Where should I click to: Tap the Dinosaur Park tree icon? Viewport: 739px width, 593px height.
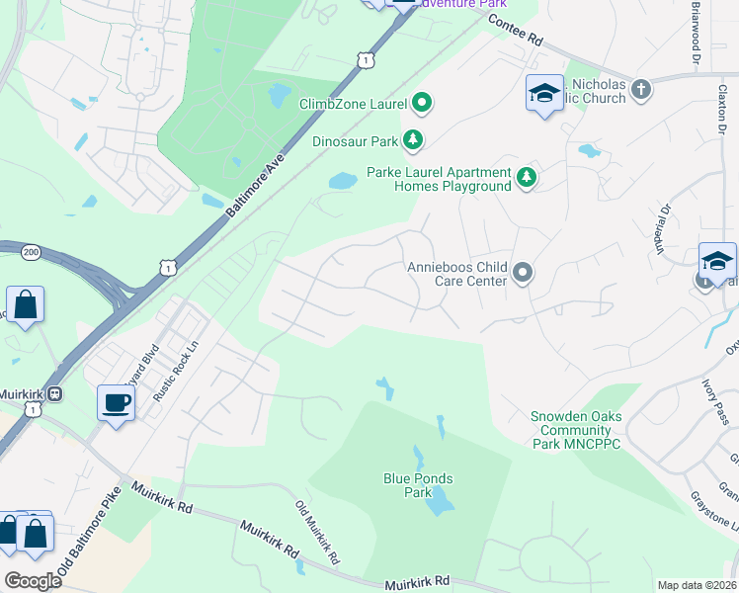[416, 140]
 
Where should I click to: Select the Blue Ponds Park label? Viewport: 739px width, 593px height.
[418, 485]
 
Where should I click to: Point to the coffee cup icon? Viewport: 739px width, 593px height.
[116, 402]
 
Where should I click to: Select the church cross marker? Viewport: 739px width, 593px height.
[641, 91]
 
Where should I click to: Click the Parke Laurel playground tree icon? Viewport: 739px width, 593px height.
[528, 178]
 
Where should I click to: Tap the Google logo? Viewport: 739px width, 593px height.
[33, 580]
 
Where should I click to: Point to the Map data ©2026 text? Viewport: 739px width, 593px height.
[696, 585]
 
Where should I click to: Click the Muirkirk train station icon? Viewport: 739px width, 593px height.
[56, 391]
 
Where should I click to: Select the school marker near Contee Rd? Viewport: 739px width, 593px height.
[543, 94]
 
